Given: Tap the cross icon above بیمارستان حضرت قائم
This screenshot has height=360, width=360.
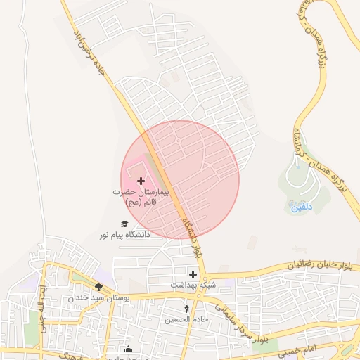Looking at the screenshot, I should pyautogui.click(x=141, y=181).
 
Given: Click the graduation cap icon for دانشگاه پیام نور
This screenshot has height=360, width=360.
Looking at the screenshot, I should pyautogui.click(x=124, y=224).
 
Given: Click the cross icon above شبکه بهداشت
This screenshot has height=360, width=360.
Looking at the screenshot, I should pyautogui.click(x=193, y=274).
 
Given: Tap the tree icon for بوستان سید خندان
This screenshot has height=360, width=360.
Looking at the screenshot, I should pyautogui.click(x=98, y=287).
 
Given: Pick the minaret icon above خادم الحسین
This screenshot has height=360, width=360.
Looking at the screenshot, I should pyautogui.click(x=186, y=309).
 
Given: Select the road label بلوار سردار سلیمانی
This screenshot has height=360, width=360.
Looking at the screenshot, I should pyautogui.click(x=243, y=323).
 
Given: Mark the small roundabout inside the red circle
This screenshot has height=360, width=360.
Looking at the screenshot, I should pyautogui.click(x=210, y=160).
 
